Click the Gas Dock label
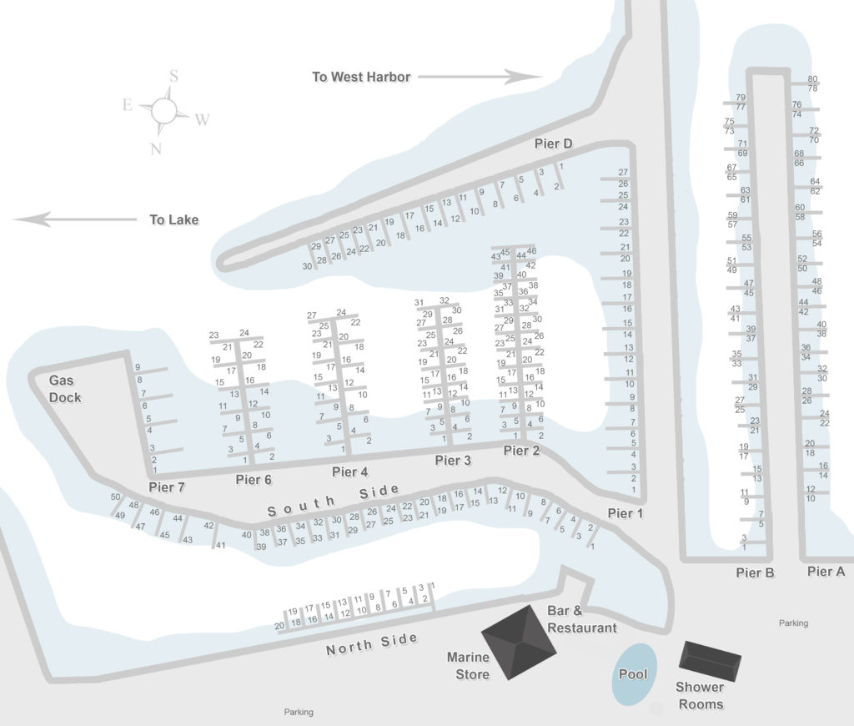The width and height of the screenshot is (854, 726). coord(64,389)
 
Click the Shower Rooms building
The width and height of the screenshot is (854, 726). coord(711,659)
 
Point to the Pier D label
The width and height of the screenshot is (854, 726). coord(553,144)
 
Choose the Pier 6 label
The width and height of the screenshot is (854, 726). coord(254,479)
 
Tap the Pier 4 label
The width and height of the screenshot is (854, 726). coord(349,472)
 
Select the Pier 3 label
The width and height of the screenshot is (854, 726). coord(453,461)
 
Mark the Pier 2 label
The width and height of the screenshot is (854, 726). coord(522,451)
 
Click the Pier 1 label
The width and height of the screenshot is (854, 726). coord(625,513)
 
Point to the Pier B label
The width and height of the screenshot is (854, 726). coord(756,572)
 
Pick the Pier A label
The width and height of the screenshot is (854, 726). coord(826,572)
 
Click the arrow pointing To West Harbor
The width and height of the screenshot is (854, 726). coord(479,77)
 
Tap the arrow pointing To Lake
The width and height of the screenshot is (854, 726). coord(75,219)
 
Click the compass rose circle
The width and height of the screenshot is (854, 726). coord(163,108)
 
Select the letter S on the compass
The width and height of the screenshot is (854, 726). coord(173,76)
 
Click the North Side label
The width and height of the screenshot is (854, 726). coord(371,643)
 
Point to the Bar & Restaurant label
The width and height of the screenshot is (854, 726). coord(581,619)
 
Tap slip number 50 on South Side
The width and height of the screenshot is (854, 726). coord(115,497)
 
